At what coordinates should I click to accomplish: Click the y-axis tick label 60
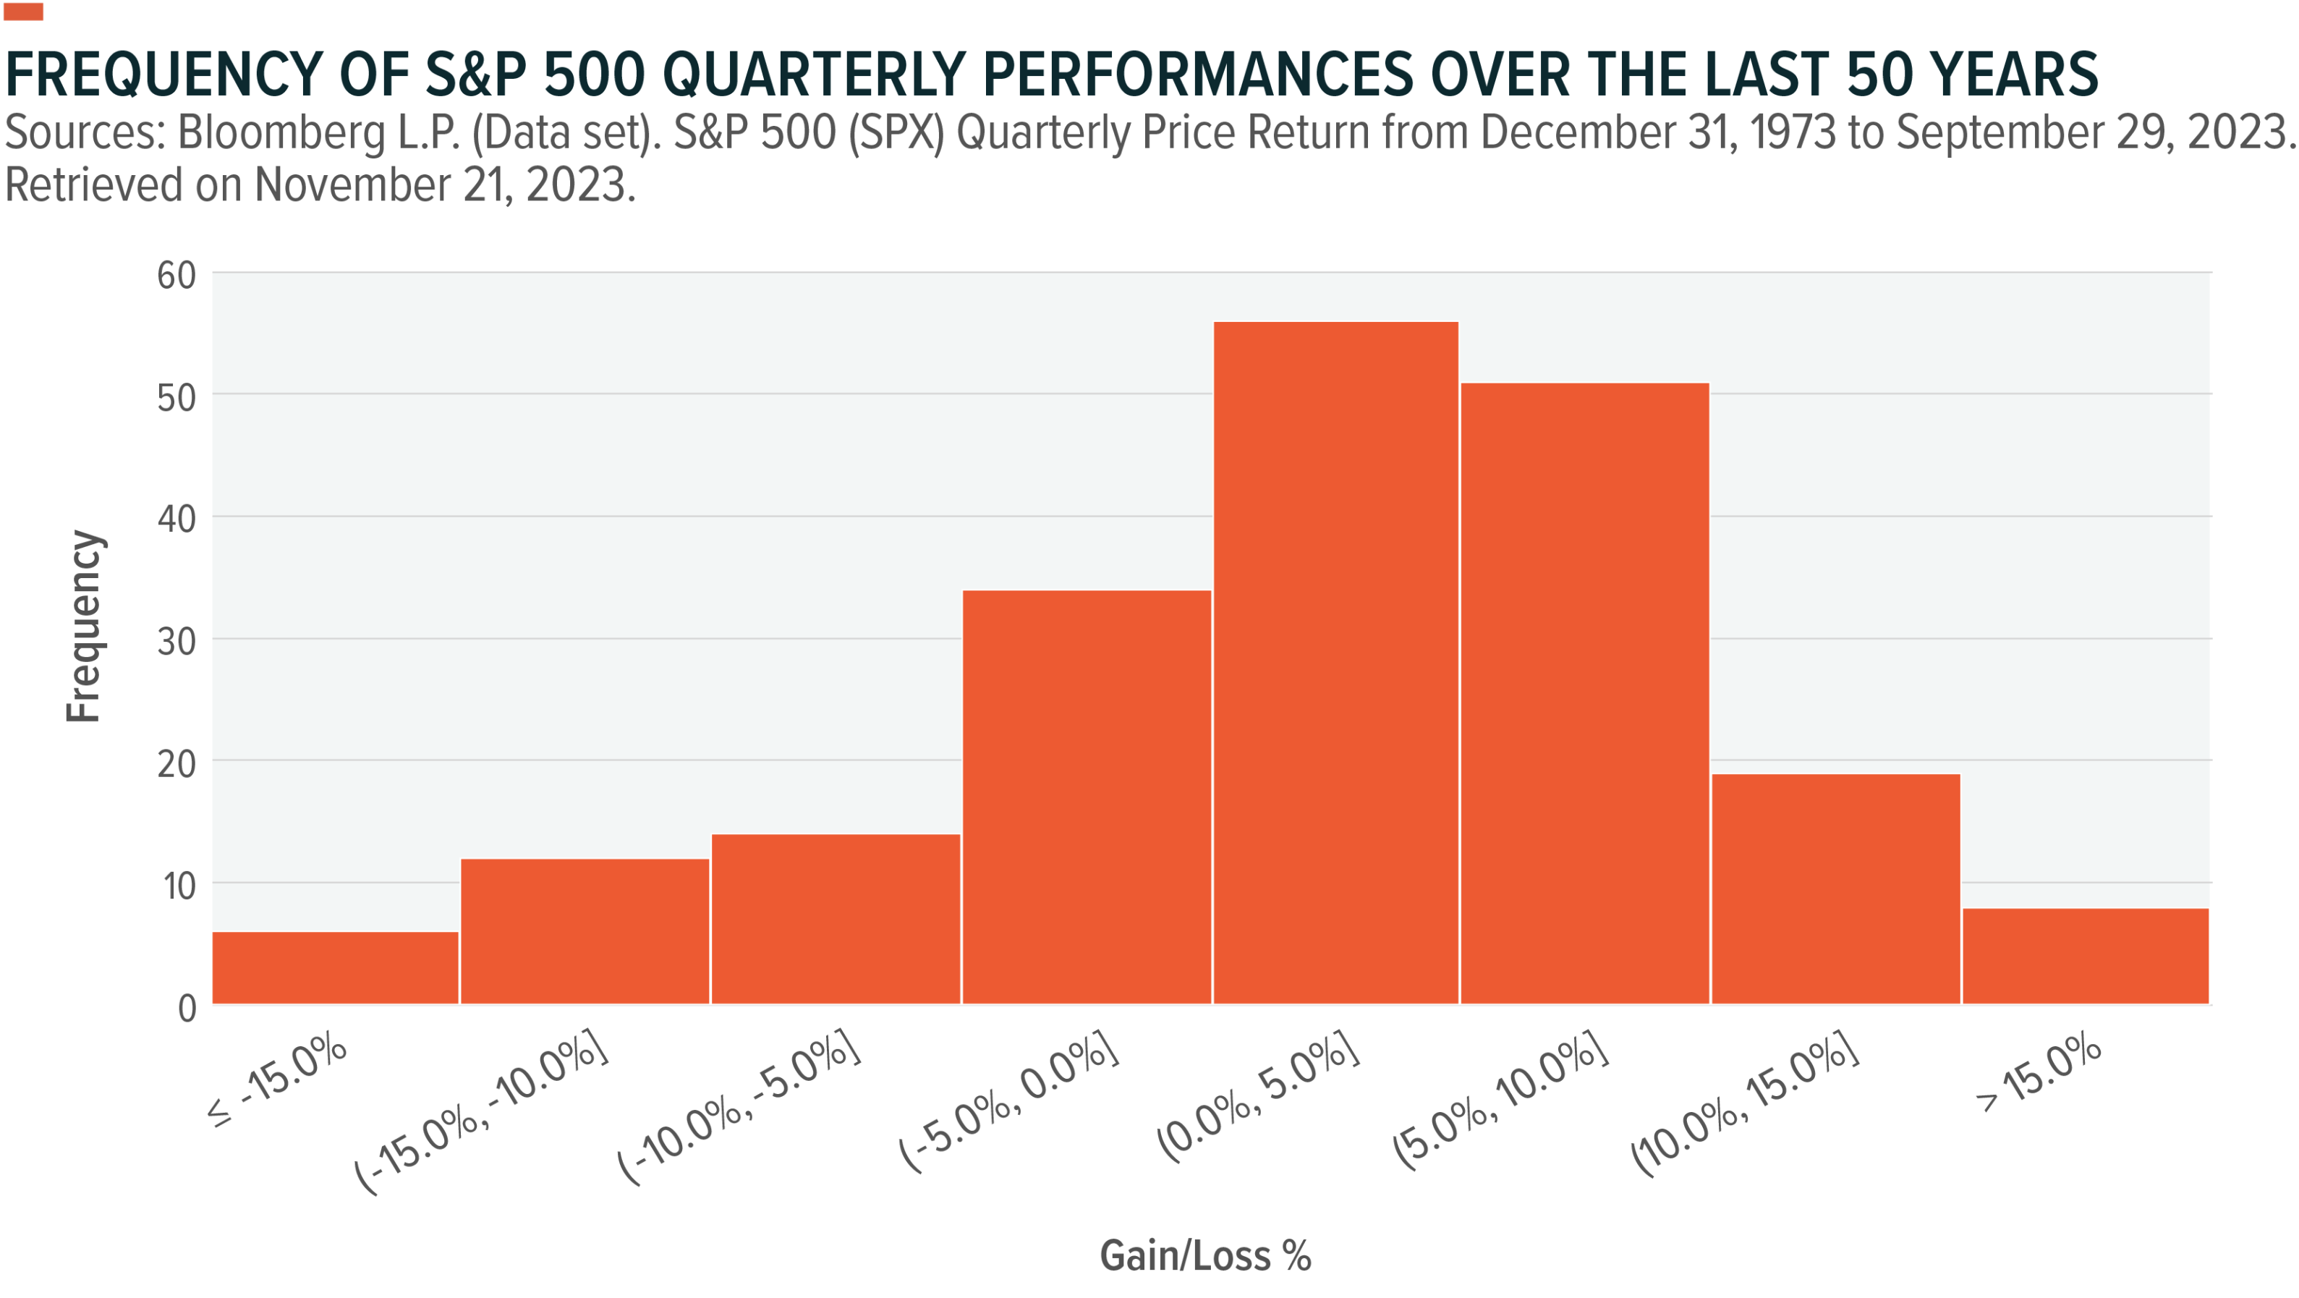(176, 275)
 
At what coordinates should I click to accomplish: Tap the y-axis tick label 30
(176, 641)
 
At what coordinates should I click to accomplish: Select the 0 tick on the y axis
(187, 1008)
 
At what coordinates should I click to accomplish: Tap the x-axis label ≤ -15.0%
(276, 1080)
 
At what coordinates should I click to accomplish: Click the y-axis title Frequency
(85, 626)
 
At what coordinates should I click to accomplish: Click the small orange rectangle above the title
(23, 11)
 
